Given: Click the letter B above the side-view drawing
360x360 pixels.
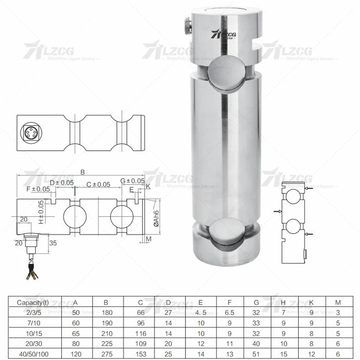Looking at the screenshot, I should pos(82,171).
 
